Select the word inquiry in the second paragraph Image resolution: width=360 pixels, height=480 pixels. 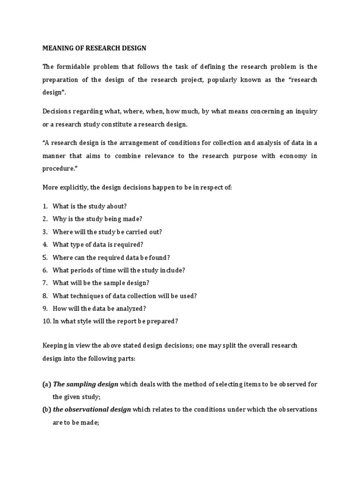[305, 111]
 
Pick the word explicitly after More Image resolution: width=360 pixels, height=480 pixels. [78, 187]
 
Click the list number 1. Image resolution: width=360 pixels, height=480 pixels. [45, 206]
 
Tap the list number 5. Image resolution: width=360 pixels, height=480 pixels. [45, 257]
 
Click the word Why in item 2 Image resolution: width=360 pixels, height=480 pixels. [59, 219]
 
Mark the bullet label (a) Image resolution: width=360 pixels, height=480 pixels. [46, 384]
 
